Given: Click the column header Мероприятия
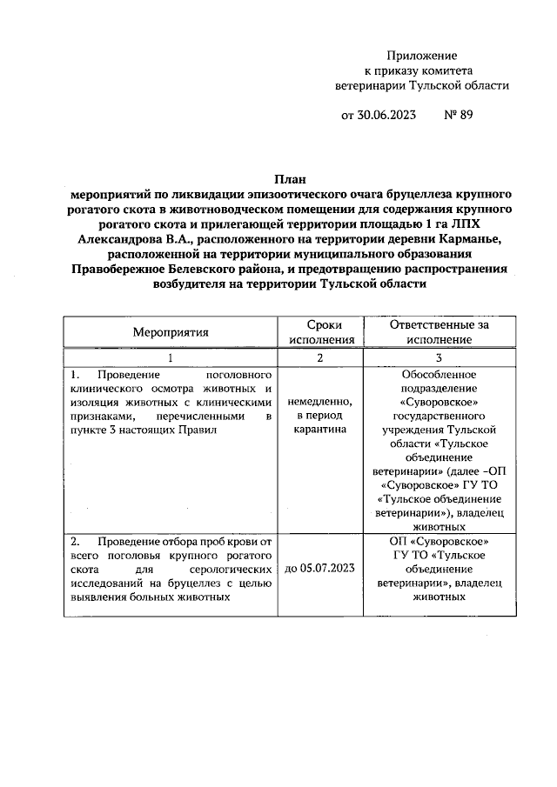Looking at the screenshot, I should click(x=171, y=331).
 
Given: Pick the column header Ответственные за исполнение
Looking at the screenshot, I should click(x=440, y=331).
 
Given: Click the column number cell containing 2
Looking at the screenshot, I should click(x=319, y=357).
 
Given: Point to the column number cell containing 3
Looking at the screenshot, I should click(x=439, y=357).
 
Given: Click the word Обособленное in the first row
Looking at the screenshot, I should click(x=439, y=374).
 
